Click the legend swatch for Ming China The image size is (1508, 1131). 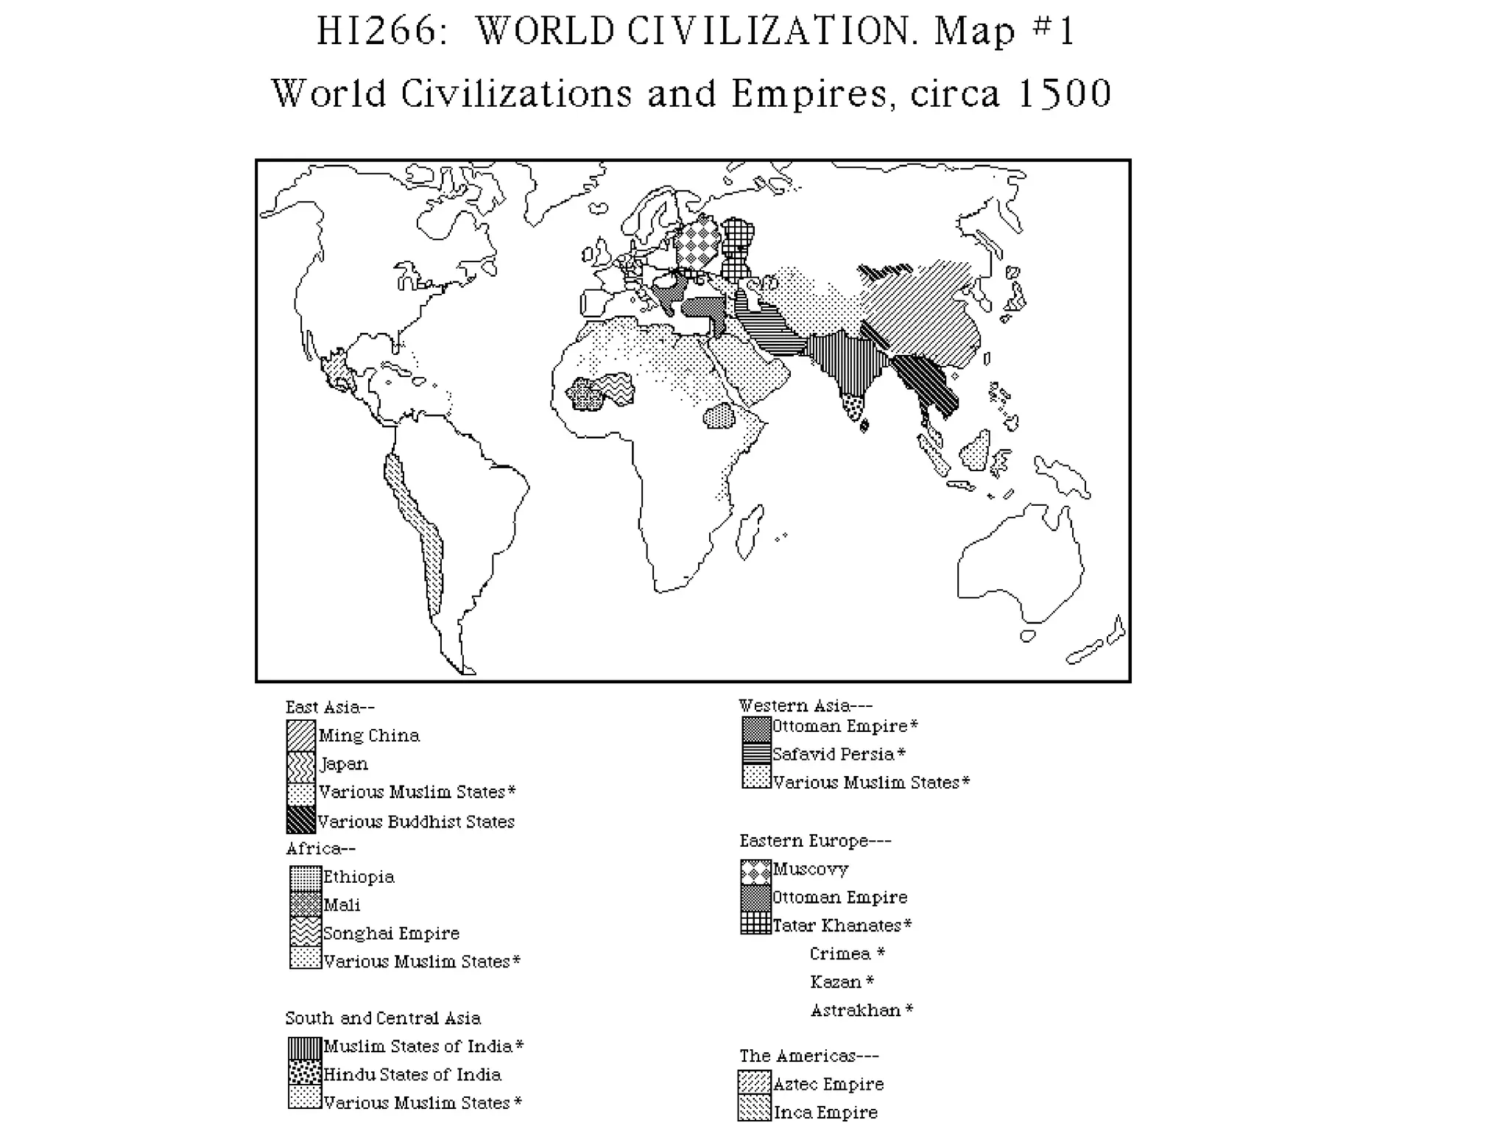point(301,735)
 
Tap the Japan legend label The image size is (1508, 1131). point(344,764)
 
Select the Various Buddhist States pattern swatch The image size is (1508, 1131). point(301,820)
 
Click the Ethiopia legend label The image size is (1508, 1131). point(359,876)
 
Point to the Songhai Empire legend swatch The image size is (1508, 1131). point(305,932)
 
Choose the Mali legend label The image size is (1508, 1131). point(342,904)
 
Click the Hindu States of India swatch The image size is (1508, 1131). point(305,1074)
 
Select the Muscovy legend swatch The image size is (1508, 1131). point(755,871)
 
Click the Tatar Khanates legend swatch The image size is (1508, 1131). point(755,923)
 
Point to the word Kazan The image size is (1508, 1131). point(835,982)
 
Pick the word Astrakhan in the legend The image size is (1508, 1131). point(856,1010)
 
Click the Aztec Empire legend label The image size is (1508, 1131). point(828,1084)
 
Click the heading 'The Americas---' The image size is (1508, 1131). point(808,1055)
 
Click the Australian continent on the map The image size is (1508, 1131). point(1020,563)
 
